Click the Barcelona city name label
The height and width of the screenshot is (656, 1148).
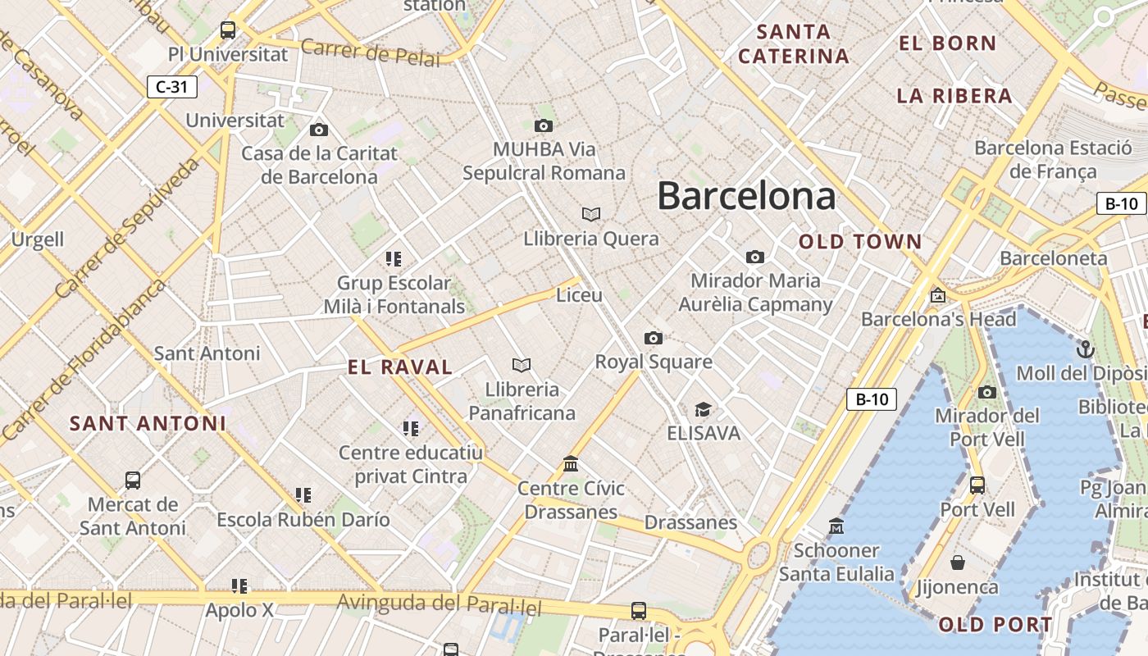point(746,197)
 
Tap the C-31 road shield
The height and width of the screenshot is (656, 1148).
point(172,86)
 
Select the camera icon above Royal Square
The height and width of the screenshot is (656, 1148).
point(654,338)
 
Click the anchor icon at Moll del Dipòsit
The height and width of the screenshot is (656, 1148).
point(1085,348)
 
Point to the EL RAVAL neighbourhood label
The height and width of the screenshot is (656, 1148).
point(400,367)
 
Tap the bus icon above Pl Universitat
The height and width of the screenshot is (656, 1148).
point(228,30)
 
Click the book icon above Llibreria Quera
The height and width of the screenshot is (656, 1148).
point(591,214)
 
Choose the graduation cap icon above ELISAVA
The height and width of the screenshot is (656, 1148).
point(703,409)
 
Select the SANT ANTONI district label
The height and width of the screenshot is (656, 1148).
point(148,424)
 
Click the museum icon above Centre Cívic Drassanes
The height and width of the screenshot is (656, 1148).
point(571,464)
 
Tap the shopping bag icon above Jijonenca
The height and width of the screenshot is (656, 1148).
point(957,563)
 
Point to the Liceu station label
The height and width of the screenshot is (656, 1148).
point(579,295)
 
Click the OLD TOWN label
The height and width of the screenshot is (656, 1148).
point(860,242)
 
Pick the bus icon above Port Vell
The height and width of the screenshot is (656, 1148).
point(977,485)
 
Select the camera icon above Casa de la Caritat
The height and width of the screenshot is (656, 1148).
point(319,130)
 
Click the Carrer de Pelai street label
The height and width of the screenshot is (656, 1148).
point(370,52)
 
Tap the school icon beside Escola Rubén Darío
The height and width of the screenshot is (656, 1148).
point(303,495)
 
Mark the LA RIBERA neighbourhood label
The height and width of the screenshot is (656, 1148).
point(954,96)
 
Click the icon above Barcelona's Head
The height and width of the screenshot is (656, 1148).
point(937,295)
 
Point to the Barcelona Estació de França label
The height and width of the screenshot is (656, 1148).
point(1053,160)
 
